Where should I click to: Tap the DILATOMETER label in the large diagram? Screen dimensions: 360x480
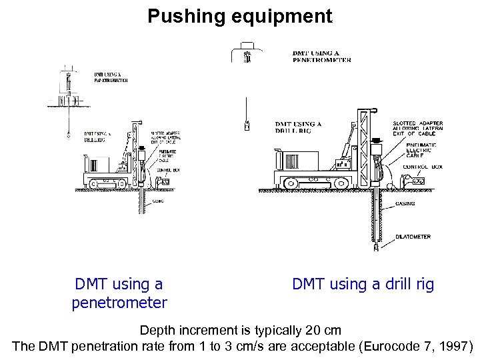pos(413,237)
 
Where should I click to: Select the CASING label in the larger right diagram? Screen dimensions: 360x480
pos(405,203)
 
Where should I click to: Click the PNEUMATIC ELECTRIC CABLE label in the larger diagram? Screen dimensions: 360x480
pos(420,151)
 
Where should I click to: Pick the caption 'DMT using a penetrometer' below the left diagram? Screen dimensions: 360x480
pos(119,293)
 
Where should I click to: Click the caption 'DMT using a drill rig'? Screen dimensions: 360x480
pos(363,285)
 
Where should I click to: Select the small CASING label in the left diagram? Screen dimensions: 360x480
pos(159,201)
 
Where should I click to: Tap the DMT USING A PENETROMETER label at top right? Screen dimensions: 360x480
pos(321,57)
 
